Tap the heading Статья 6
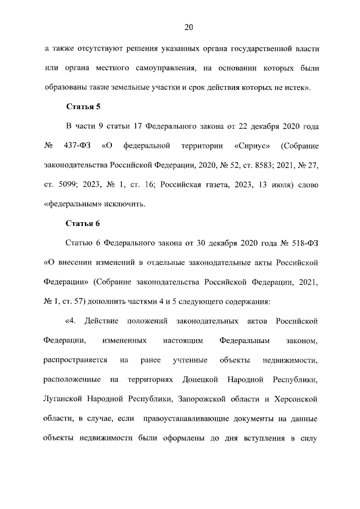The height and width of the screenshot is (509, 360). coord(83,223)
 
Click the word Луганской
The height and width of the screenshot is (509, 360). coord(62,399)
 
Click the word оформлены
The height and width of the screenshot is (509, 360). coord(186,438)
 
